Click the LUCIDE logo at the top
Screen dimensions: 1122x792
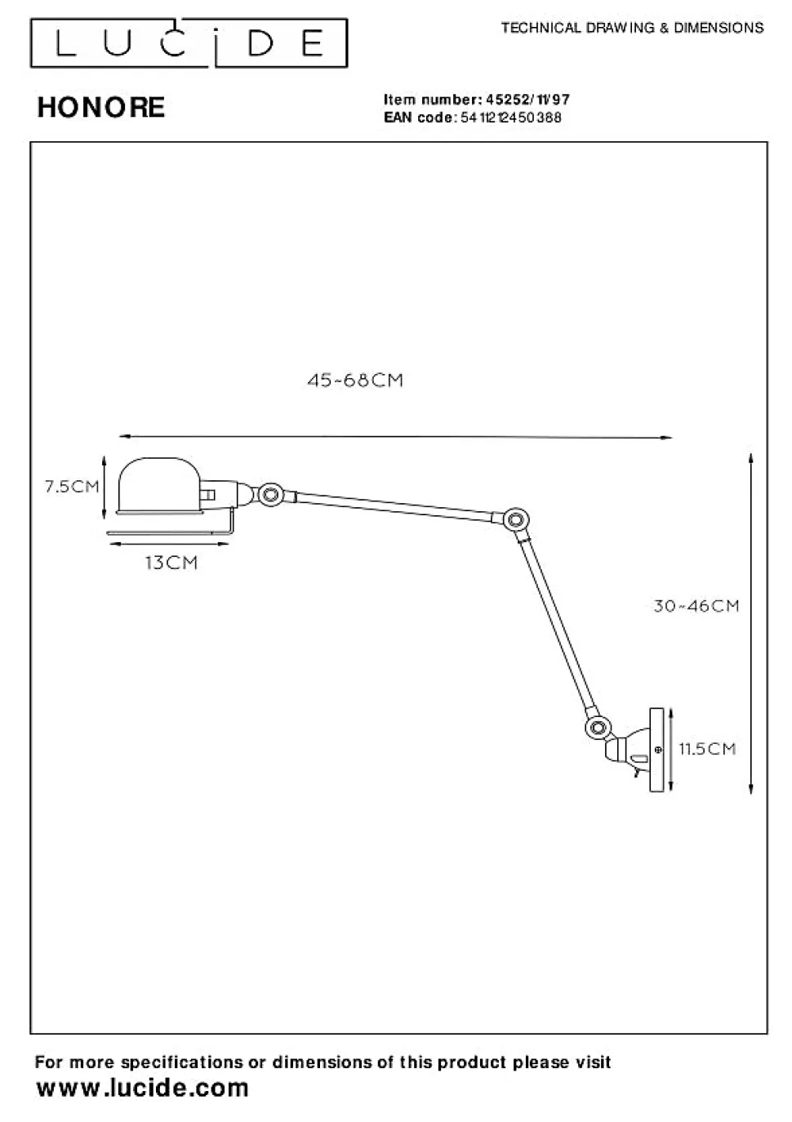click(189, 43)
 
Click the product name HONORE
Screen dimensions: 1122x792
click(101, 108)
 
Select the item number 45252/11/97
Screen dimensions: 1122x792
click(527, 100)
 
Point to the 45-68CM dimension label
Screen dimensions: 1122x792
click(355, 381)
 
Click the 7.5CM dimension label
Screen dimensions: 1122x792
click(72, 487)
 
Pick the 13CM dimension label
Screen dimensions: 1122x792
click(171, 563)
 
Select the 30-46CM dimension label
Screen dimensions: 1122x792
click(696, 606)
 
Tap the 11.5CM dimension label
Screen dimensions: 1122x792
click(707, 749)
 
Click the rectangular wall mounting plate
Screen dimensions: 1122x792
click(656, 750)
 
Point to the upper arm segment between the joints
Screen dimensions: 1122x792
click(392, 505)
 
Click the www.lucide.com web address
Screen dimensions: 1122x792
click(143, 1089)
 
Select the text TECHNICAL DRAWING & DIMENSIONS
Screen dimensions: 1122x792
click(632, 28)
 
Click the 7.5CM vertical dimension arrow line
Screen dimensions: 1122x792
click(105, 487)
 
